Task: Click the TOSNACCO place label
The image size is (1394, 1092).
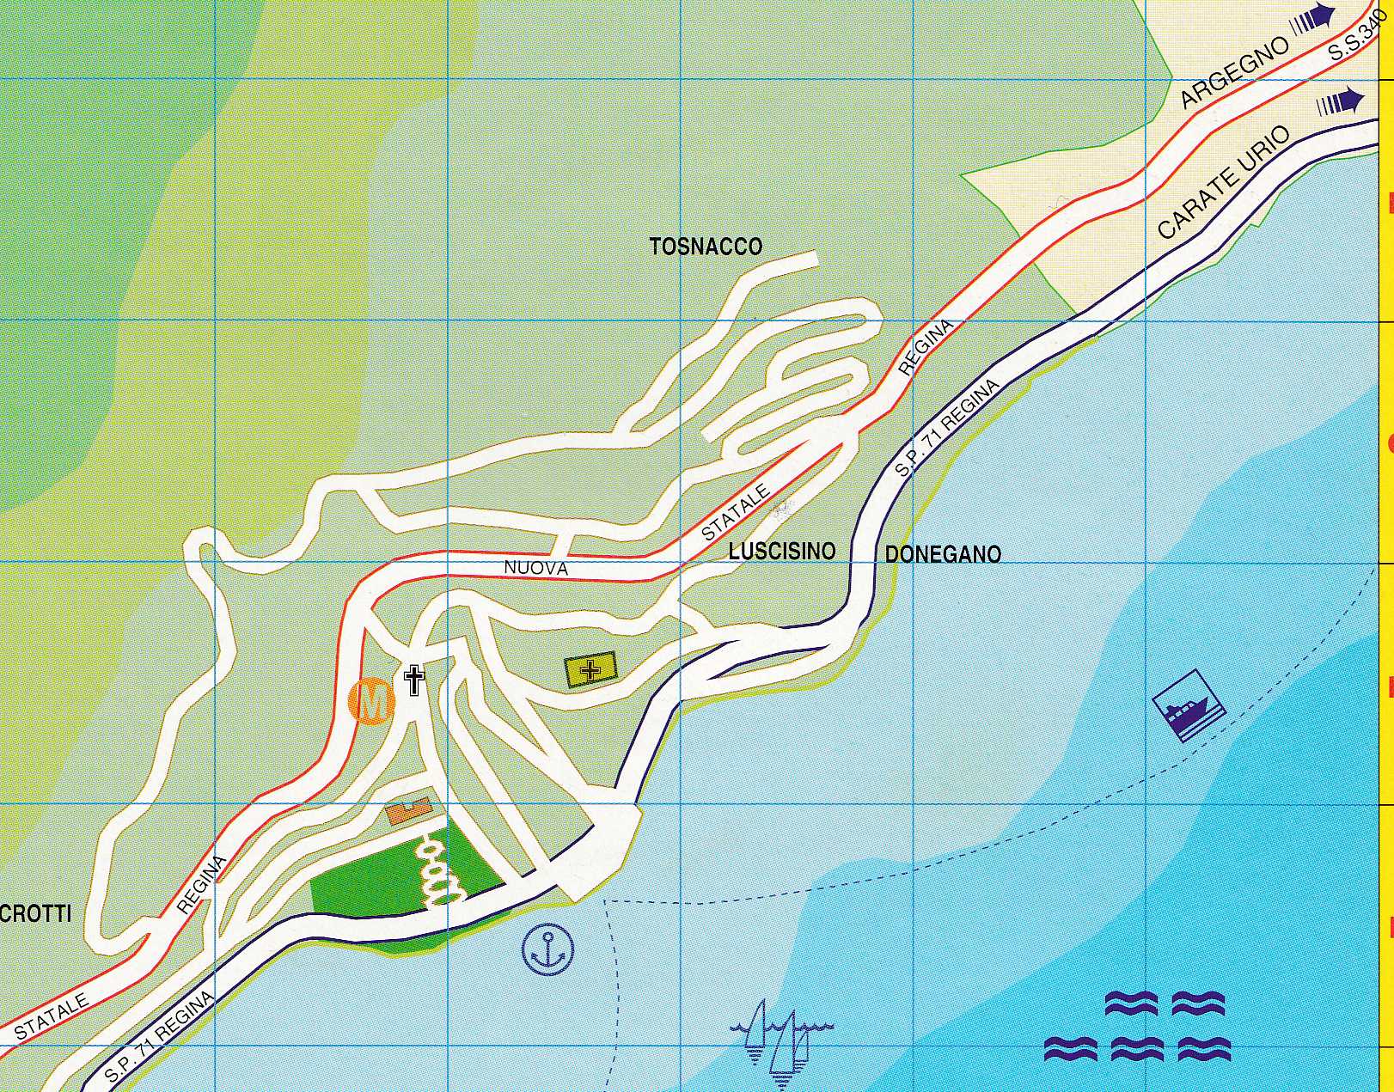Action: (x=706, y=247)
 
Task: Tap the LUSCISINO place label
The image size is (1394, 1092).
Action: (x=782, y=552)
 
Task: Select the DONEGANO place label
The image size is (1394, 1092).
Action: (x=943, y=554)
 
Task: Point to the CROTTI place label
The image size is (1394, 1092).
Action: (x=35, y=914)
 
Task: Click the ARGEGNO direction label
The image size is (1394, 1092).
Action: (x=1235, y=72)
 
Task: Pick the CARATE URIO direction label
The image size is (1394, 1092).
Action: (x=1224, y=182)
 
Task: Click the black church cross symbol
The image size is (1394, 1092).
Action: (x=414, y=680)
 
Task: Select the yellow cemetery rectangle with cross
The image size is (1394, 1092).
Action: (x=590, y=669)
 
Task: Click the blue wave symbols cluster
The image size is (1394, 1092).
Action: (x=1137, y=1027)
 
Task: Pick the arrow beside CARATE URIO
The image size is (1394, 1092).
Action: (x=1340, y=102)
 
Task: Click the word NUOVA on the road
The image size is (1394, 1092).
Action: (x=535, y=568)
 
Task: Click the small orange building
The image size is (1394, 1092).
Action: (x=407, y=810)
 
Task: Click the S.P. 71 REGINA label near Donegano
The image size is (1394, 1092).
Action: (x=947, y=429)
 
